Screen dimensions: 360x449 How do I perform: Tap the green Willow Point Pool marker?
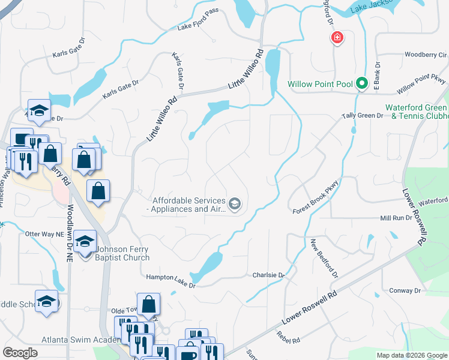click(x=361, y=84)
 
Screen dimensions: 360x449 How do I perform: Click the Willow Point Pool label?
click(x=320, y=84)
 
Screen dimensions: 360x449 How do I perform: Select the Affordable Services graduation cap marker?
click(x=235, y=205)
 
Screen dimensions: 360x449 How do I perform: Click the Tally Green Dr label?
click(x=362, y=115)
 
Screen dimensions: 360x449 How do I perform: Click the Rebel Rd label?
click(x=289, y=340)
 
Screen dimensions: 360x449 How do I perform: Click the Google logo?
click(x=20, y=353)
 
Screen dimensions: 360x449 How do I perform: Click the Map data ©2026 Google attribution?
click(x=412, y=355)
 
